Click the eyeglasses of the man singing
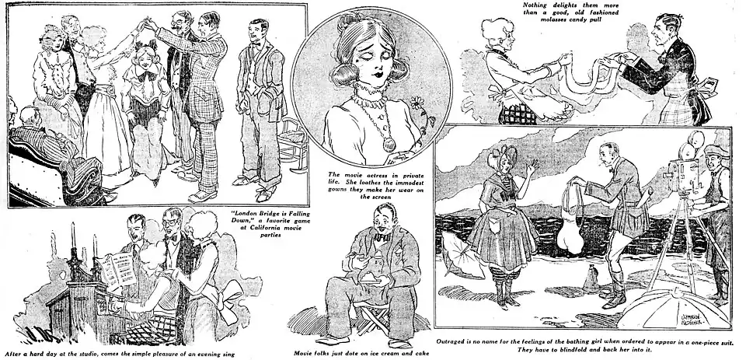pos(170,223)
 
